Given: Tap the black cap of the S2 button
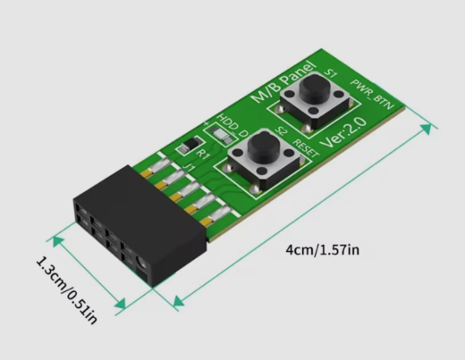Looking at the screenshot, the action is [263, 143].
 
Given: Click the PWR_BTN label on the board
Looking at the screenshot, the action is [372, 95].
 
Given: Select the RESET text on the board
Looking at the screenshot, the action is [306, 148].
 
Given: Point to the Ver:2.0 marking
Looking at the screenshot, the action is [343, 132].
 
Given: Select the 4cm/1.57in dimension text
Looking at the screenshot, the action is [323, 250].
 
